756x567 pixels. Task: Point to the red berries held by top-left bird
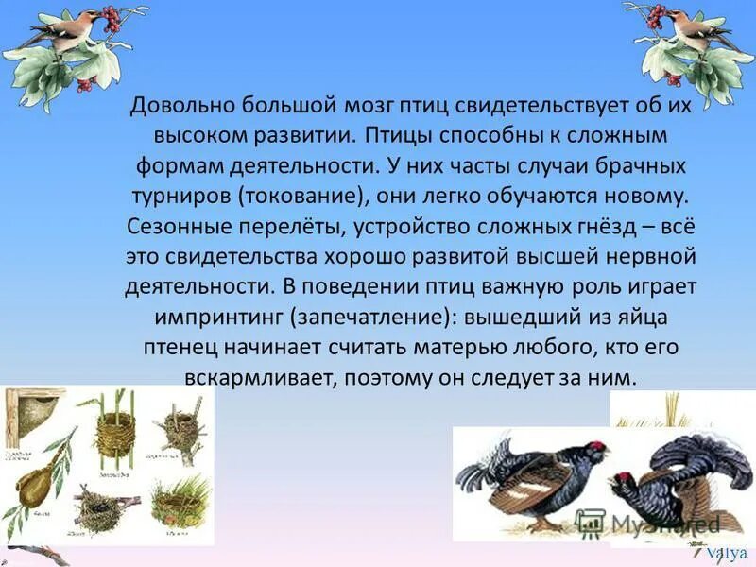click(112, 16)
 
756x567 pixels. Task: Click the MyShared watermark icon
click(591, 523)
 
